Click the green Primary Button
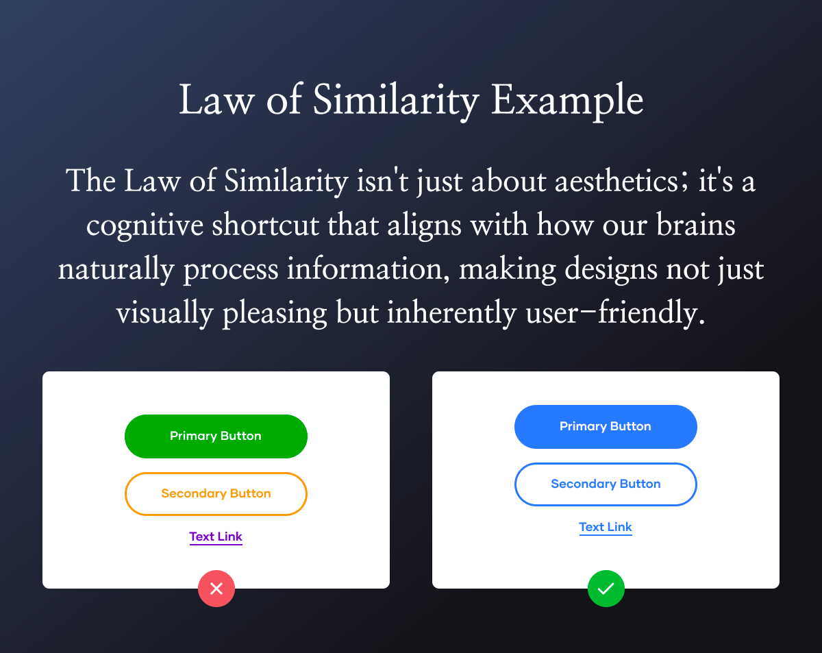[x=216, y=436]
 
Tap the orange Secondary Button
[x=216, y=494]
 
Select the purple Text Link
[x=216, y=537]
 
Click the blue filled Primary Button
[x=606, y=427]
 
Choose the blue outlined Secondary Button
[x=606, y=484]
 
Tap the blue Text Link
[x=606, y=528]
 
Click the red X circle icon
[x=216, y=589]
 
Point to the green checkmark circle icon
[x=606, y=589]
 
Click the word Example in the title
[x=567, y=101]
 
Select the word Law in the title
[x=216, y=99]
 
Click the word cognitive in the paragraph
[x=145, y=226]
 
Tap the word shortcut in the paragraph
[x=266, y=225]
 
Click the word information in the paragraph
[x=369, y=269]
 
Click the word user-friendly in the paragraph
[x=615, y=312]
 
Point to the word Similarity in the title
[x=396, y=101]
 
